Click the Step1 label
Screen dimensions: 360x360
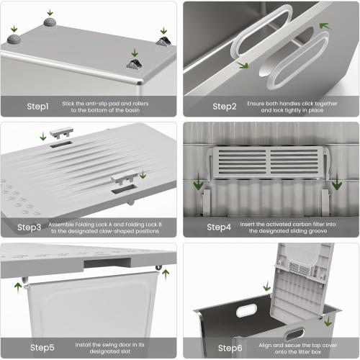pyautogui.click(x=37, y=107)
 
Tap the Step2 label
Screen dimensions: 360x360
pyautogui.click(x=225, y=107)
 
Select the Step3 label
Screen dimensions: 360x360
pyautogui.click(x=29, y=228)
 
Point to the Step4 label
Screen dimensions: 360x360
pyautogui.click(x=219, y=227)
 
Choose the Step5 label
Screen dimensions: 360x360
pyautogui.click(x=42, y=348)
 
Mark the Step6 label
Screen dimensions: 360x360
pyautogui.click(x=230, y=348)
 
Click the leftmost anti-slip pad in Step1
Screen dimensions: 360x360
pyautogui.click(x=13, y=39)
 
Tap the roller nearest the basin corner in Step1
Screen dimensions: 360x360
pyautogui.click(x=135, y=64)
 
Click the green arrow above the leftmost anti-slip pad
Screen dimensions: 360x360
pyautogui.click(x=14, y=29)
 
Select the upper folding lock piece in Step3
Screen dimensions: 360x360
pyautogui.click(x=61, y=132)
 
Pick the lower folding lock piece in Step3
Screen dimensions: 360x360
pyautogui.click(x=124, y=177)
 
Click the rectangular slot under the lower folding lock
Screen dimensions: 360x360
pyautogui.click(x=125, y=189)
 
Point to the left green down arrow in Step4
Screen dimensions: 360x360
pyautogui.click(x=199, y=181)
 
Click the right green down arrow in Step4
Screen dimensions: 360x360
pyautogui.click(x=337, y=181)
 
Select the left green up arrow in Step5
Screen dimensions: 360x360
pyautogui.click(x=18, y=288)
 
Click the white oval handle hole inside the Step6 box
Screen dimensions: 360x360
pyautogui.click(x=247, y=310)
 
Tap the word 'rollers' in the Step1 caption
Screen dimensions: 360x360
pyautogui.click(x=140, y=104)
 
